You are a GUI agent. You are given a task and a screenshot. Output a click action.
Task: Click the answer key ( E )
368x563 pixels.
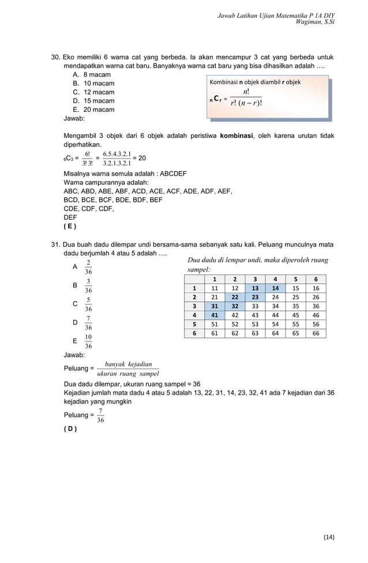point(69,226)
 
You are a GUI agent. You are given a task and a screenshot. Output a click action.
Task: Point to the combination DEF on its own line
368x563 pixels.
point(70,217)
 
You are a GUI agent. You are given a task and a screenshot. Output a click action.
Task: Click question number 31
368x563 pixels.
point(56,245)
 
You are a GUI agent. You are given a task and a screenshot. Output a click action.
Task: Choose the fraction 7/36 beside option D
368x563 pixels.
point(88,323)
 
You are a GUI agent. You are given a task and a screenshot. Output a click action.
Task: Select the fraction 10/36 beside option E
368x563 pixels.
point(88,341)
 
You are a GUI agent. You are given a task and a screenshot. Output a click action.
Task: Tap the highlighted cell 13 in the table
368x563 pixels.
point(255,288)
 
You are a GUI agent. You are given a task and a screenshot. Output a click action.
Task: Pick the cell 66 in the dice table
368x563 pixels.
point(315,333)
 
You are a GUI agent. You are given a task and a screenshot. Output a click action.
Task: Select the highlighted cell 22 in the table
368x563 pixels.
point(234,298)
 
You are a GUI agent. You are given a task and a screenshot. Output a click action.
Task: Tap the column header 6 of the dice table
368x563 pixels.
point(316,280)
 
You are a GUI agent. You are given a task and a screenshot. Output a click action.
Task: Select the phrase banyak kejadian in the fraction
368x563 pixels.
point(128,364)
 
